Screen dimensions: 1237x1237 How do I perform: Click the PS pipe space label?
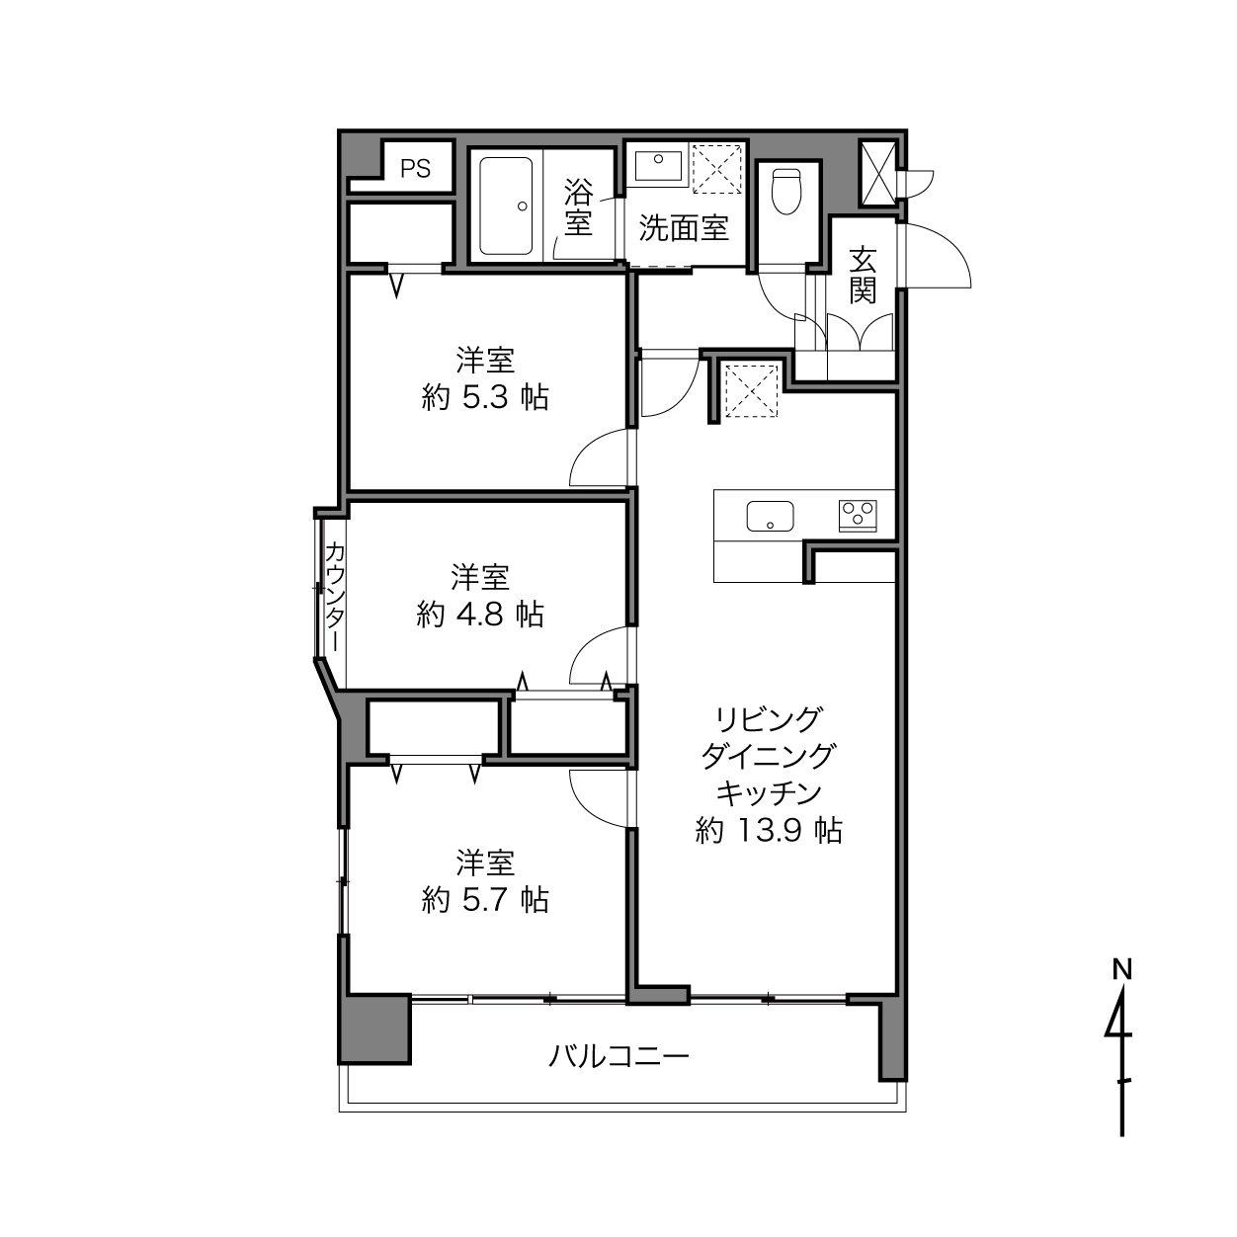(415, 169)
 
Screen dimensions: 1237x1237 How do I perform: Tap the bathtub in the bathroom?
(506, 206)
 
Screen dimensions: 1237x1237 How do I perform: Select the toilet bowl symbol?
(786, 191)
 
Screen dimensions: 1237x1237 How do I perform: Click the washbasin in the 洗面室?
(658, 166)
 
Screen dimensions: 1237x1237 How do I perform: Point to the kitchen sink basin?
(770, 516)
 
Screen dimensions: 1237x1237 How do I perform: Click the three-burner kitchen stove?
(858, 516)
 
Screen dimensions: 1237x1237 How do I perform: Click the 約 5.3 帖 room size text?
(485, 397)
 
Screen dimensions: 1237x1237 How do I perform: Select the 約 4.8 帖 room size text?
(480, 615)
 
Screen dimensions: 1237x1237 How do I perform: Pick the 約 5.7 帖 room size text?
(485, 900)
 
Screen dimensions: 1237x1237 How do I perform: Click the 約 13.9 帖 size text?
(769, 831)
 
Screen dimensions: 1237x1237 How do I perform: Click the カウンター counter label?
(335, 597)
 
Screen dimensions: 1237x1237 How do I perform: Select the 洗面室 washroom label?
(684, 228)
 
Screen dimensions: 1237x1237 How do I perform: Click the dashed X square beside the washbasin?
(717, 169)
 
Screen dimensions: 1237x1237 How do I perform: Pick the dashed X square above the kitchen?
(751, 389)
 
